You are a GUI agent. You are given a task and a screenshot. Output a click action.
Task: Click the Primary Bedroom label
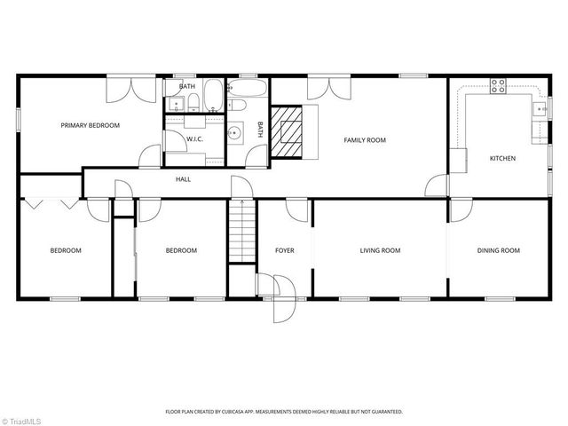click(x=90, y=126)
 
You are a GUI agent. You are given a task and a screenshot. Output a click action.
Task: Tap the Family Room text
click(x=365, y=140)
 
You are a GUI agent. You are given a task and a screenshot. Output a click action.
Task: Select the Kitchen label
click(x=502, y=159)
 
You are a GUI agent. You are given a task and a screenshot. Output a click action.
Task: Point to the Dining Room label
click(x=498, y=251)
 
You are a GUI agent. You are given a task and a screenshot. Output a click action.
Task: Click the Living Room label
click(x=380, y=251)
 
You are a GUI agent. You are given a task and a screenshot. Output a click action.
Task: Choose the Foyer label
click(x=284, y=251)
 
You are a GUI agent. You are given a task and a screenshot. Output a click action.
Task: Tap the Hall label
click(x=183, y=179)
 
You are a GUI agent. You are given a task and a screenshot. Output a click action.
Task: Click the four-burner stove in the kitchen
click(x=498, y=87)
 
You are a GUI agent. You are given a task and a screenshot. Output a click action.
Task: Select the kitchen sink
click(x=538, y=110)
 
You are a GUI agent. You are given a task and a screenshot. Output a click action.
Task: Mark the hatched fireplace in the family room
click(x=287, y=131)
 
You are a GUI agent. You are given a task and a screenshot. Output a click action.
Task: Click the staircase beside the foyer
click(x=237, y=231)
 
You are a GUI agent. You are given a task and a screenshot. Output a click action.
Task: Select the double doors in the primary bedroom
click(x=130, y=88)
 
